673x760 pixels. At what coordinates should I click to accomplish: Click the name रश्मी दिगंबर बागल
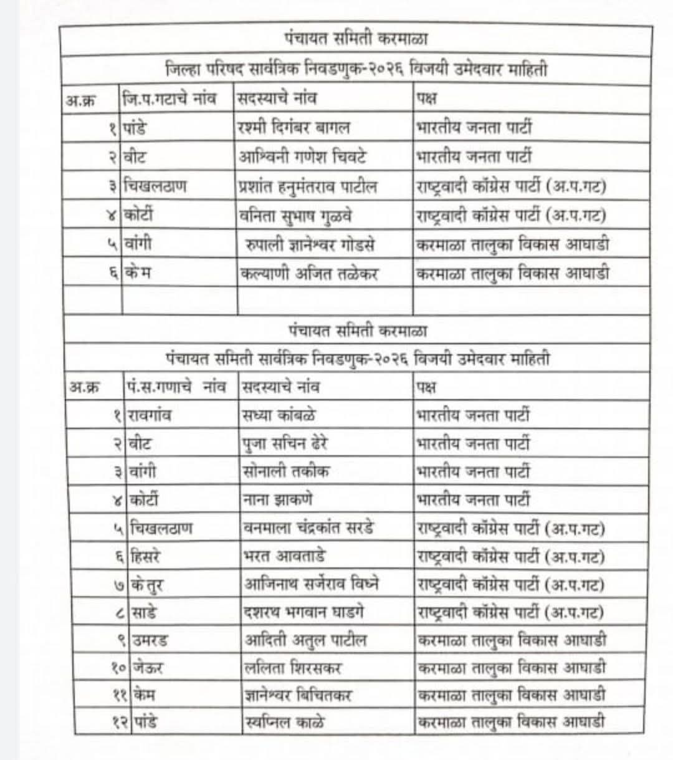click(x=294, y=128)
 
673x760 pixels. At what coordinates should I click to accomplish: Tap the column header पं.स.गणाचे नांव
click(x=176, y=387)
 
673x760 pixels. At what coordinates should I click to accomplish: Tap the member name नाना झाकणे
click(x=277, y=499)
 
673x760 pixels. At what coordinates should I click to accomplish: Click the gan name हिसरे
click(x=147, y=556)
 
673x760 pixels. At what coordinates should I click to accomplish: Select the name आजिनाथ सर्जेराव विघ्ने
click(x=311, y=584)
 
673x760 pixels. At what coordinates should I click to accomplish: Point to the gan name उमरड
click(x=150, y=640)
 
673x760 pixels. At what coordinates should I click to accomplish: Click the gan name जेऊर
click(x=148, y=668)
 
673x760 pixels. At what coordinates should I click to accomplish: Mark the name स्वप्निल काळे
click(x=284, y=723)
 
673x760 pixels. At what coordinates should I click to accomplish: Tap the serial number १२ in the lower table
click(x=120, y=723)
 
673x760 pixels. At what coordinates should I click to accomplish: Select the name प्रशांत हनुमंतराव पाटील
click(x=307, y=186)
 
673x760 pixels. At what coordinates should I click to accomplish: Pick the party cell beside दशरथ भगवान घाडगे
click(x=510, y=612)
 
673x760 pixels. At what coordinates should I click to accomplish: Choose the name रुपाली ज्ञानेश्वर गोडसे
click(x=310, y=244)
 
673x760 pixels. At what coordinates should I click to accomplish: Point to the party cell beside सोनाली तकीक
click(x=474, y=471)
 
